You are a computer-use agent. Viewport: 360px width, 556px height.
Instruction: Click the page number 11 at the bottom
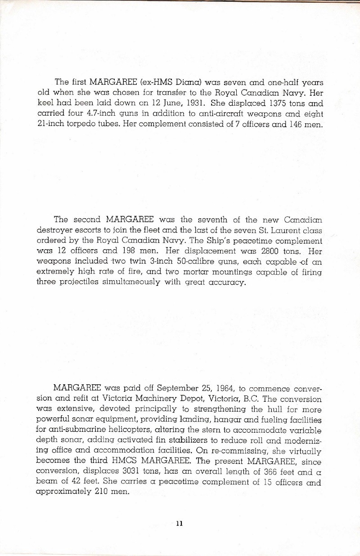click(x=180, y=523)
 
